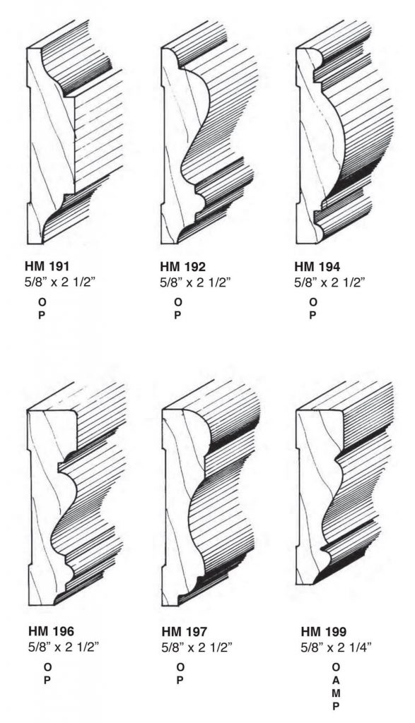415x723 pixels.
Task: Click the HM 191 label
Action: coord(47,266)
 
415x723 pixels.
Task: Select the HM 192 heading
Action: coord(183,266)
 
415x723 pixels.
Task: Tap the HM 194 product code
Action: coord(317,266)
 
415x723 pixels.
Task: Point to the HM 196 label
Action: coord(51,631)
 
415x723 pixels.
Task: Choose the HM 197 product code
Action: coord(185,631)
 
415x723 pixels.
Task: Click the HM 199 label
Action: coord(324,631)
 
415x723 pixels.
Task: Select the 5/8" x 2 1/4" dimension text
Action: coord(336,647)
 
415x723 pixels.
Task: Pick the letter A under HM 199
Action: coord(336,680)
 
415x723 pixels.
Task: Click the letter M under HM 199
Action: coord(336,693)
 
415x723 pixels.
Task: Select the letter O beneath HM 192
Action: coord(177,302)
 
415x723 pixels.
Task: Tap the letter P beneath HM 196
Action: coord(47,680)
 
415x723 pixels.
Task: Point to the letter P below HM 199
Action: coord(336,706)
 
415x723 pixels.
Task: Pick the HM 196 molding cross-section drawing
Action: coord(76,494)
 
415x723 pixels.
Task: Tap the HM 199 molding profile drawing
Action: coord(344,484)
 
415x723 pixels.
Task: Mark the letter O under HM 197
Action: coord(180,667)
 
